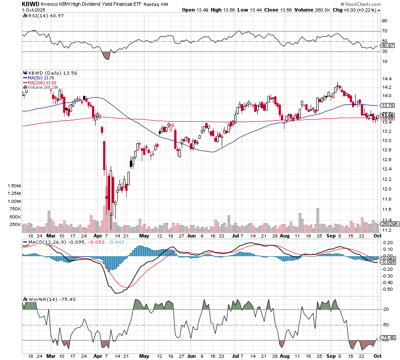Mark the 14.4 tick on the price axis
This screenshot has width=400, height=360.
click(387, 78)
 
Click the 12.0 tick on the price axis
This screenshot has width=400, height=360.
click(387, 189)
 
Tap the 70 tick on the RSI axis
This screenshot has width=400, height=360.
click(384, 31)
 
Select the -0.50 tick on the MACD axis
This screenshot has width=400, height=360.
click(387, 289)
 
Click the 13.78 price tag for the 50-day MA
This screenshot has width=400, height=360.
click(388, 105)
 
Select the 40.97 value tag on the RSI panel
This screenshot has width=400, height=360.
click(388, 46)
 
